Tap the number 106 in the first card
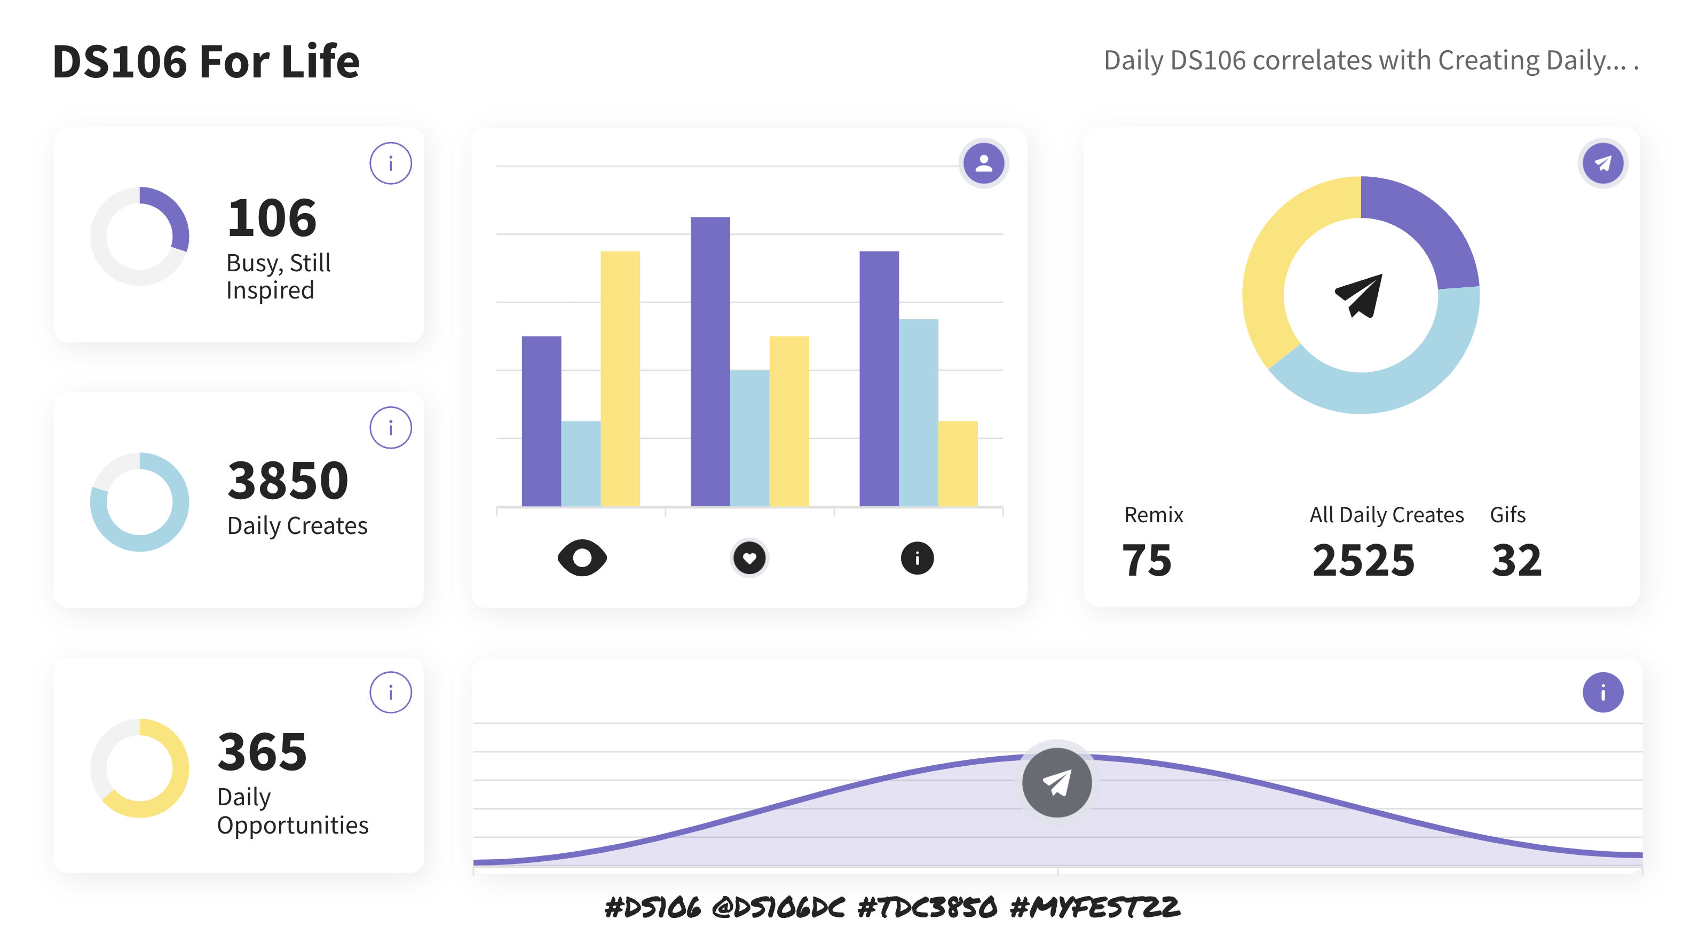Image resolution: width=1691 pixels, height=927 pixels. tap(272, 218)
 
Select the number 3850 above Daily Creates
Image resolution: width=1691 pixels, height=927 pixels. tap(288, 481)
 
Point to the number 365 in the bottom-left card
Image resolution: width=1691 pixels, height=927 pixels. tap(262, 752)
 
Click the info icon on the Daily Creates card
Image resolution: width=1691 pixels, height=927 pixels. tap(391, 428)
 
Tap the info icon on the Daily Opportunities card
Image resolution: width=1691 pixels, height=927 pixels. tap(391, 693)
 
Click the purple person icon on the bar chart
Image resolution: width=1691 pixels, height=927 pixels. tap(983, 163)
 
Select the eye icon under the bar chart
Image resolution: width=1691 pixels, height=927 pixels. tap(582, 558)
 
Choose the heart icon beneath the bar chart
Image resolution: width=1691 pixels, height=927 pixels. tap(749, 558)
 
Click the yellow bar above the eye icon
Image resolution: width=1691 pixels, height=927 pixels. tap(620, 378)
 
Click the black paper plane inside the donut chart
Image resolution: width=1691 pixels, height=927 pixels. tap(1360, 295)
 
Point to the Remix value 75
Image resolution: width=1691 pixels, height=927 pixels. tap(1146, 561)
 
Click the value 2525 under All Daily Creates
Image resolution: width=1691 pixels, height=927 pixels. tap(1363, 561)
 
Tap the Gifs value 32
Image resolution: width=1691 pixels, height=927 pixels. tap(1516, 561)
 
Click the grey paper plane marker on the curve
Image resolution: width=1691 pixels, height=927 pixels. tap(1057, 783)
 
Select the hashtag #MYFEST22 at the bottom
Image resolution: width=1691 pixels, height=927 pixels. tap(1095, 907)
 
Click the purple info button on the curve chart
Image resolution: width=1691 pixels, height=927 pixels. tap(1602, 693)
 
